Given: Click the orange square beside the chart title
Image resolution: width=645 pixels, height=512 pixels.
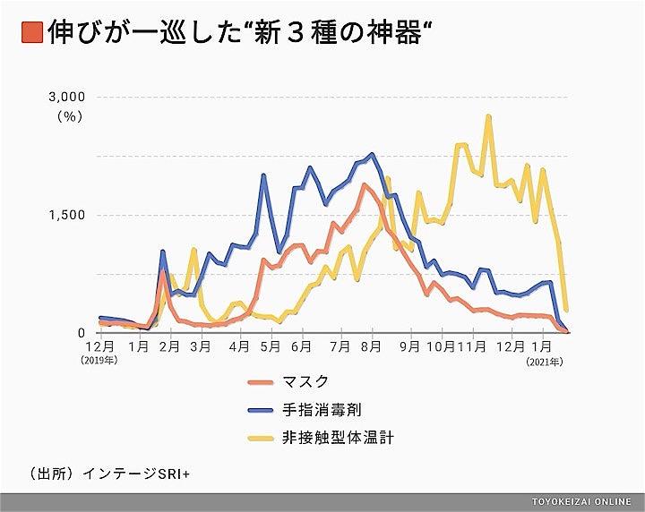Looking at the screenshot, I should (x=33, y=34).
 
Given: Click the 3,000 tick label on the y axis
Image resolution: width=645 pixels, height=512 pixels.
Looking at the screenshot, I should (x=65, y=97).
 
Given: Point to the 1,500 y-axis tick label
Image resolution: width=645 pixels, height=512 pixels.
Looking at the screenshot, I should (x=65, y=215).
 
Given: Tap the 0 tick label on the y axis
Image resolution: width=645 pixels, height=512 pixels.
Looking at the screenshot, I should (x=79, y=333).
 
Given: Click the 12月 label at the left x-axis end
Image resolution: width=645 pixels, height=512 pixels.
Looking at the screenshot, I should (x=99, y=346).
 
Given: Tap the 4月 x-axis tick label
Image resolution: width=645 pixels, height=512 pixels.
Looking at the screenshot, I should (x=239, y=346).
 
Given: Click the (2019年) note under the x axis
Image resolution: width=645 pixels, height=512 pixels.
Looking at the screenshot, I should (x=99, y=361).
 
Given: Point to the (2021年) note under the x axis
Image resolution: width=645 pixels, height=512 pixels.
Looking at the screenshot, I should (x=545, y=361).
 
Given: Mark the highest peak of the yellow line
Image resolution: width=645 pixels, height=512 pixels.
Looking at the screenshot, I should (x=488, y=116).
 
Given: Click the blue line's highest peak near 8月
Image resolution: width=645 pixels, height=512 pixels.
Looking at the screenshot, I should (x=372, y=154).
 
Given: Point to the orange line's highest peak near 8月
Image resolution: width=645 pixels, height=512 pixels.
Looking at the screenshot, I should (x=364, y=185).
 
